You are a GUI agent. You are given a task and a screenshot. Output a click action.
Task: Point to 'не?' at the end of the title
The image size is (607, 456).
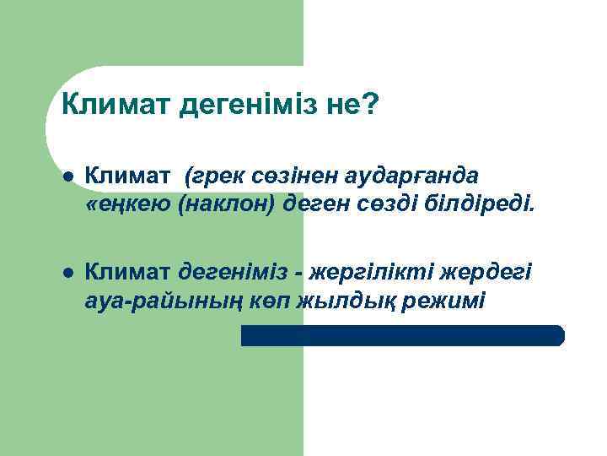tap(358, 106)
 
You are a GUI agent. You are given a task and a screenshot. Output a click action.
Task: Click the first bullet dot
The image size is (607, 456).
tap(67, 177)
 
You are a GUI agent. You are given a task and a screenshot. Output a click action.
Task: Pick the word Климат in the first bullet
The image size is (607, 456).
tap(129, 176)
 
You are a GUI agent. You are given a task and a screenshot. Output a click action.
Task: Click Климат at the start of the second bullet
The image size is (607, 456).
tap(129, 273)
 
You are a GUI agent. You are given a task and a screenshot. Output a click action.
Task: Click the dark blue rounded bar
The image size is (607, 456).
tap(402, 335)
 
